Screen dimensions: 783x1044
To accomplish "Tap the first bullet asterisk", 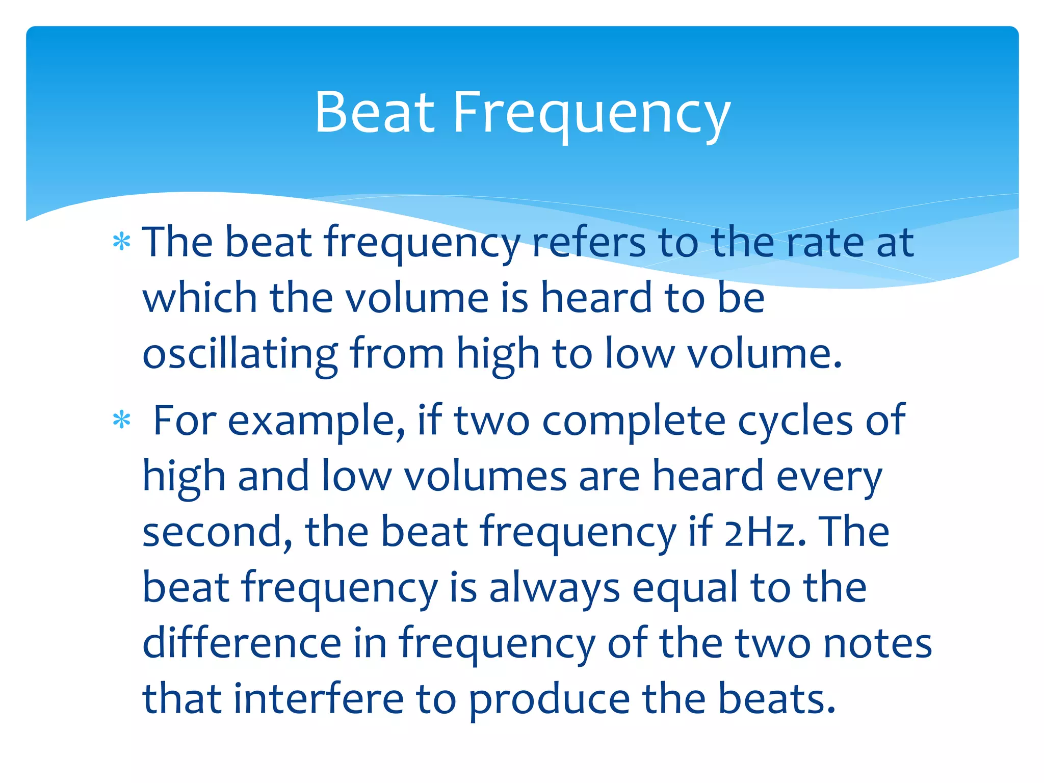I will (x=122, y=243).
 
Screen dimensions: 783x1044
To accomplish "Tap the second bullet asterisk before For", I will (x=122, y=421).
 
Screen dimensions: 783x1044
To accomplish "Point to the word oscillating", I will (x=240, y=354).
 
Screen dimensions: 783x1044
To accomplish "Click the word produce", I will (x=549, y=699).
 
